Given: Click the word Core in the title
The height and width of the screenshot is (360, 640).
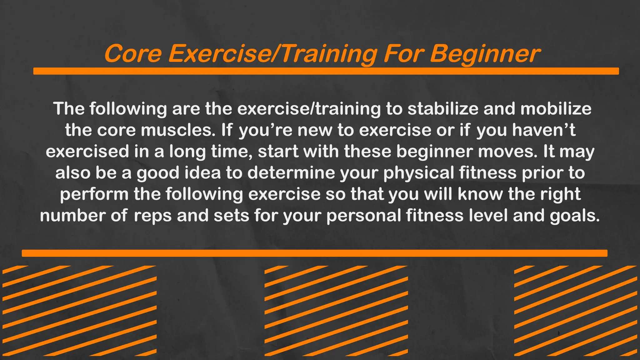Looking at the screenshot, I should pyautogui.click(x=133, y=54).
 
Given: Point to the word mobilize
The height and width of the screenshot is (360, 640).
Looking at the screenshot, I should pyautogui.click(x=556, y=109).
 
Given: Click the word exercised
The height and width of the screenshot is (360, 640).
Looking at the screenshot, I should pyautogui.click(x=87, y=151).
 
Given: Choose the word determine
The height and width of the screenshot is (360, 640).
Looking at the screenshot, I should pyautogui.click(x=291, y=173).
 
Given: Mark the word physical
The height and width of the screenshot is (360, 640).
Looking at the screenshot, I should pyautogui.click(x=419, y=173).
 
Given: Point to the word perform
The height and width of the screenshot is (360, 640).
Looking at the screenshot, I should pyautogui.click(x=94, y=194).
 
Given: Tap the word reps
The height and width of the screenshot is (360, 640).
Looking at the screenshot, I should pyautogui.click(x=153, y=216).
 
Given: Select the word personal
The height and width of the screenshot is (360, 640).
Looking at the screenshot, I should pyautogui.click(x=364, y=216).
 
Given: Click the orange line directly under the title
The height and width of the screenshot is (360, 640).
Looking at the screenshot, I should pyautogui.click(x=326, y=71).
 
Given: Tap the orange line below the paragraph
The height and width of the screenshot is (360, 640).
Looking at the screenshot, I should pyautogui.click(x=314, y=253).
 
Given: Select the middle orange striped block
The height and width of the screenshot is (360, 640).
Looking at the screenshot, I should pyautogui.click(x=336, y=311).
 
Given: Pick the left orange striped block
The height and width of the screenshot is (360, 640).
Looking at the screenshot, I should pyautogui.click(x=79, y=311).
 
